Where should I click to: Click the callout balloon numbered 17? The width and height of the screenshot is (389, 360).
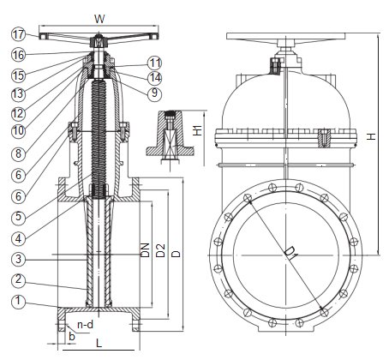point(19,34)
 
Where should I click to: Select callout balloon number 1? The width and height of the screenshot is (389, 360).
point(19,301)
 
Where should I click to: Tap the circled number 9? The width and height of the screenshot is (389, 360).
point(154,93)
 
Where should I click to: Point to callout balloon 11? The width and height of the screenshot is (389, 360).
point(154,63)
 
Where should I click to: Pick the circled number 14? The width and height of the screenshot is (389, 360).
point(154,77)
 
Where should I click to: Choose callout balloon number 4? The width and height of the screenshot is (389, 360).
point(19,238)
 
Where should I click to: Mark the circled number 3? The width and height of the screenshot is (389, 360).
point(19,259)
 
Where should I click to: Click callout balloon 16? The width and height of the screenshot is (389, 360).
point(19,55)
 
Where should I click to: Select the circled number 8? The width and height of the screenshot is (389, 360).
point(19,153)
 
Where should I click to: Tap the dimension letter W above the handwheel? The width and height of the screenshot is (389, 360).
point(99,19)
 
